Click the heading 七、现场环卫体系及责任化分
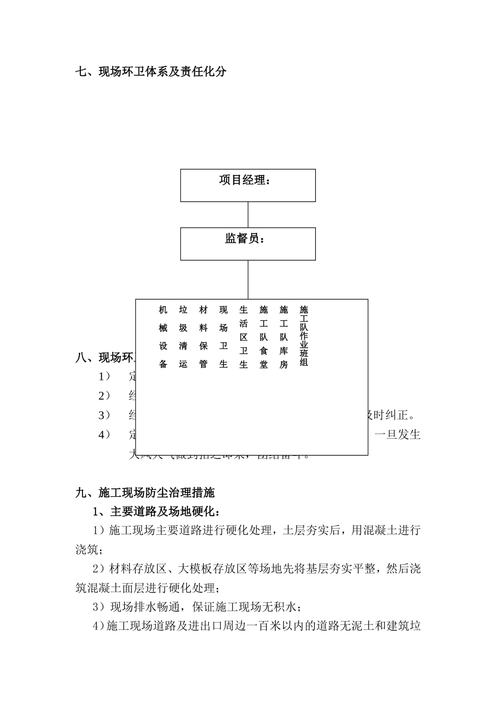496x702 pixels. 151,72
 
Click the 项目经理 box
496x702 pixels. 247,185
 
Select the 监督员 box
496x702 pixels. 247,244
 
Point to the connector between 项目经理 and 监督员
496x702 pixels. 248,215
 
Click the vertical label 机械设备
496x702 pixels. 163,337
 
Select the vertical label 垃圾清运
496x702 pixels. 183,337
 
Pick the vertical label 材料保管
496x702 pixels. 204,337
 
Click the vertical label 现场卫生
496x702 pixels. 223,337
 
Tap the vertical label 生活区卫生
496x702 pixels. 243,337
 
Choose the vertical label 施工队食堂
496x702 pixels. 264,337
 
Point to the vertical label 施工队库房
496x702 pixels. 284,337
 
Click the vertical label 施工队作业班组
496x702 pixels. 304,336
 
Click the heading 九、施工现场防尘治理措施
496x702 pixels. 145,492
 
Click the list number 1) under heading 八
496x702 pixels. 104,376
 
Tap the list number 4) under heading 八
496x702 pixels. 104,435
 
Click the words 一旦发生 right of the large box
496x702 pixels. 398,435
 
